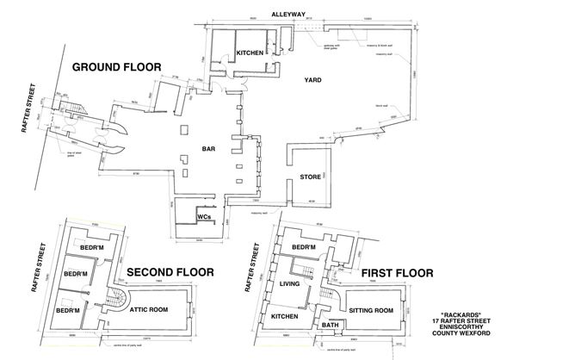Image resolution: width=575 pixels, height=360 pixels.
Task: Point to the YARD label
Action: pyautogui.click(x=313, y=80)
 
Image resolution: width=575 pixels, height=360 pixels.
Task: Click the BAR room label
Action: pyautogui.click(x=209, y=148)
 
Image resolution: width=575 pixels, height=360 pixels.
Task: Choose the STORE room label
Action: pyautogui.click(x=310, y=177)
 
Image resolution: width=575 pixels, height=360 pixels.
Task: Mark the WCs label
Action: pyautogui.click(x=206, y=217)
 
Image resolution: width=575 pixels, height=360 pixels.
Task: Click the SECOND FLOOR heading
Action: pyautogui.click(x=170, y=271)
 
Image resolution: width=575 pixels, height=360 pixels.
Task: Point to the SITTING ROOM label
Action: pyautogui.click(x=372, y=309)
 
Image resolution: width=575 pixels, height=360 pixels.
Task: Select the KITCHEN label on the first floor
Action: pyautogui.click(x=287, y=316)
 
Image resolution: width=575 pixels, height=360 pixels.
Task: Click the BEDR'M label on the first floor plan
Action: pyautogui.click(x=306, y=248)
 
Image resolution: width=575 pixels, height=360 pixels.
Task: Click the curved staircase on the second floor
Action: pyautogui.click(x=114, y=302)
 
